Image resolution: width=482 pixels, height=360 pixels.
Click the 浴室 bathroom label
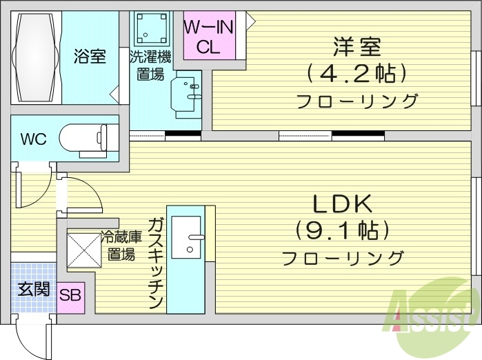(x=90, y=57)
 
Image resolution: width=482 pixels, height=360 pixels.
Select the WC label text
(x=32, y=139)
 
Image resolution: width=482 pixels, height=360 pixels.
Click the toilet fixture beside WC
(x=83, y=137)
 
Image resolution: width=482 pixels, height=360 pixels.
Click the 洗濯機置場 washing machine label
(x=150, y=66)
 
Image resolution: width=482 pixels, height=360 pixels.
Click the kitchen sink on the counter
(x=186, y=237)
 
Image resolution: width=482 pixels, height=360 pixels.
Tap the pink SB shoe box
(x=70, y=296)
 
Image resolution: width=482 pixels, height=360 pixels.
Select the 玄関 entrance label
(x=32, y=289)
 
